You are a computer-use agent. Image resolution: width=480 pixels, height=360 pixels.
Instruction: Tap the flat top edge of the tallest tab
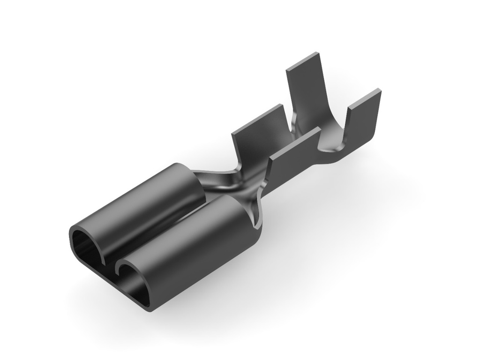pos(303,61)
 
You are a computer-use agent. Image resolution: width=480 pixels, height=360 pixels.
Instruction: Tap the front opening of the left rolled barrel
pos(87,244)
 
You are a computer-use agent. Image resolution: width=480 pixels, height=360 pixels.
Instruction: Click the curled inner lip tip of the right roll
pos(121,270)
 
